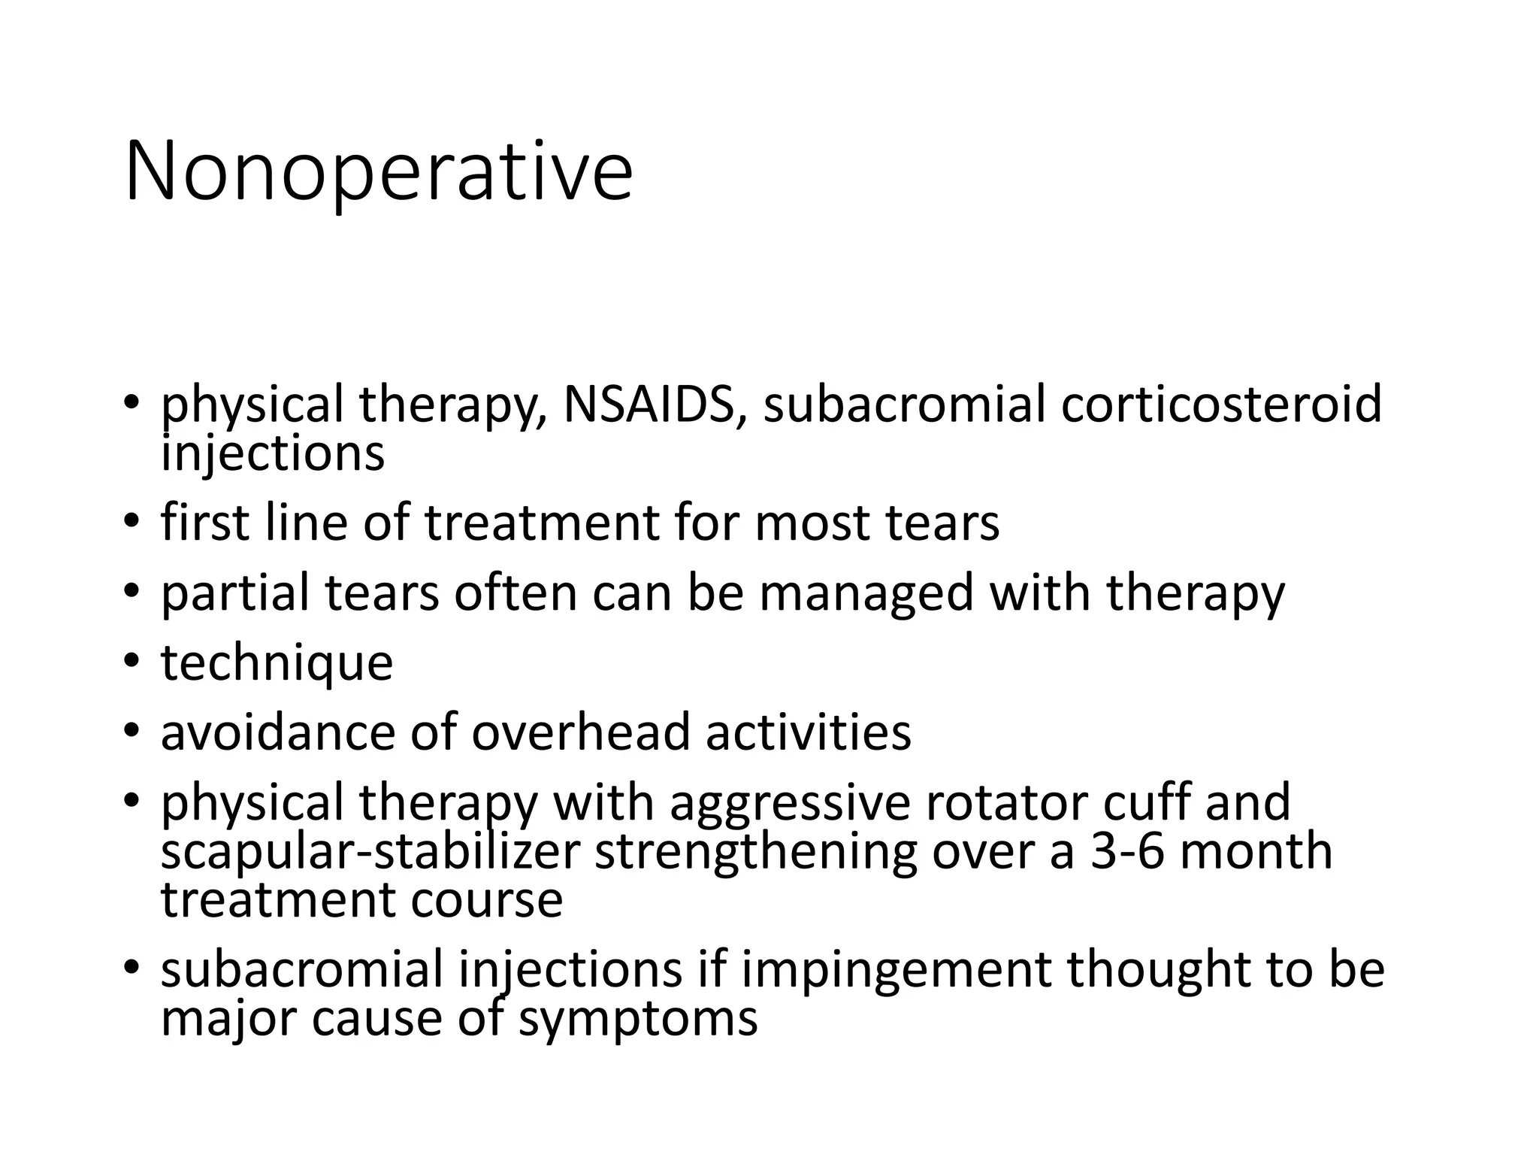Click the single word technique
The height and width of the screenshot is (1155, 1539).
click(277, 663)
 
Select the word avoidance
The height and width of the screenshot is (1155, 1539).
click(278, 732)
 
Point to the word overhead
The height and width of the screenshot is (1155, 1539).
click(580, 732)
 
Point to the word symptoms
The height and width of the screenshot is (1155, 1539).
click(638, 1020)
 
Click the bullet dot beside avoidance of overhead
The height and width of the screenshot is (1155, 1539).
click(132, 731)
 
